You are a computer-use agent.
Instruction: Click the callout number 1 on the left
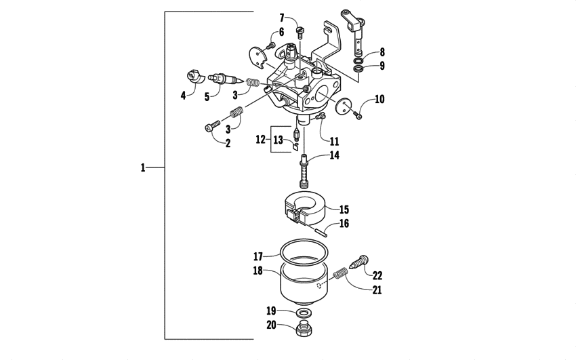[x=143, y=167]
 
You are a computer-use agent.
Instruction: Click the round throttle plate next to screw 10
[x=342, y=104]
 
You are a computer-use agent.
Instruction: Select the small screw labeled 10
[x=358, y=116]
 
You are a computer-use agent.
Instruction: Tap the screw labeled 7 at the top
[x=301, y=28]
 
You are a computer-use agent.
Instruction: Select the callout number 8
[x=382, y=52]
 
